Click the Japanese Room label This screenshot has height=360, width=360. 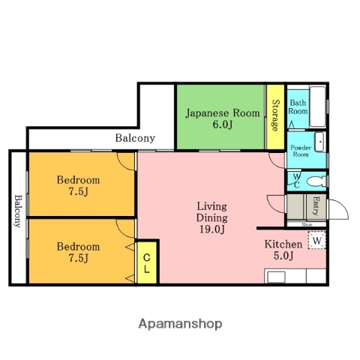pos(222,113)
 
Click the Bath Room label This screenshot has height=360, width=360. pos(298,106)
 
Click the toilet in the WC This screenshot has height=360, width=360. pos(316,180)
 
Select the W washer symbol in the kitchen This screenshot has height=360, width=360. pos(317,241)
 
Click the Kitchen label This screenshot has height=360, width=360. pos(283,244)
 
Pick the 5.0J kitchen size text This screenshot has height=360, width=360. pos(283,257)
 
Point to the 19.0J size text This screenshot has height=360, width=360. pos(211,230)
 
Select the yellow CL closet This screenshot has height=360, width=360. pos(147,262)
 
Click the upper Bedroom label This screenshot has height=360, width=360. pos(79,180)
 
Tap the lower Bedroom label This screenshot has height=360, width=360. pos(79,247)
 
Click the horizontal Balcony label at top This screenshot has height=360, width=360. pos(135,138)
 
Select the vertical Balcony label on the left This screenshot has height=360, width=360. pos(17,212)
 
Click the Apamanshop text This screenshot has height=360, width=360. pos(180,324)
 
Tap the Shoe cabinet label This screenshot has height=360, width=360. pos(307,224)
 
